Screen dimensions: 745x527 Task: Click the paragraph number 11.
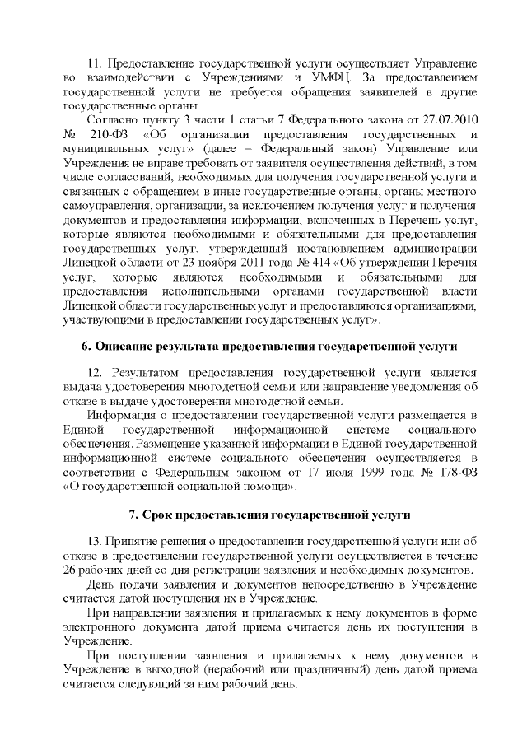tap(96, 63)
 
